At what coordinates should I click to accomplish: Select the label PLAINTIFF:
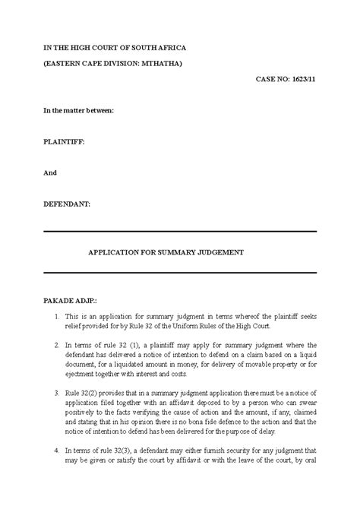coord(64,142)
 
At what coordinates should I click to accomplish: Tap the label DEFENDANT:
coord(67,204)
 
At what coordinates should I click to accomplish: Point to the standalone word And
coord(50,172)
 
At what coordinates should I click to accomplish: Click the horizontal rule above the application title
coord(179,232)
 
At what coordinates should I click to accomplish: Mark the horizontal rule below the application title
coord(179,272)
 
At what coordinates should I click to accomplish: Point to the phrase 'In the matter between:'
coord(78,111)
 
